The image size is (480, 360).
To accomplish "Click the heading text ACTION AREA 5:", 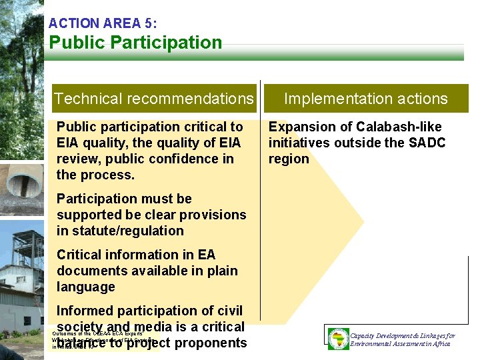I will point(103,23).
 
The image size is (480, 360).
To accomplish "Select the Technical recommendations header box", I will point(154,99).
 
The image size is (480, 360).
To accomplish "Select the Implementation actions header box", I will point(365,99).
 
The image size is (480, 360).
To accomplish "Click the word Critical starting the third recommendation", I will point(79,255).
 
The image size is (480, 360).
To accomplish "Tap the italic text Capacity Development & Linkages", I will point(402,335).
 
